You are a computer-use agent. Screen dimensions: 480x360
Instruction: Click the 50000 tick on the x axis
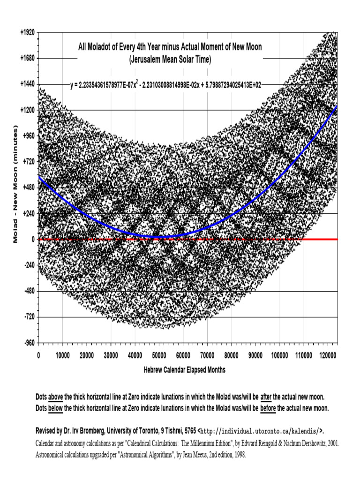click(159, 356)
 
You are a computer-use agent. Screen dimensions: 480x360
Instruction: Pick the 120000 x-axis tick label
click(328, 356)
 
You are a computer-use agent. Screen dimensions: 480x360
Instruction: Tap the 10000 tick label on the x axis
click(62, 356)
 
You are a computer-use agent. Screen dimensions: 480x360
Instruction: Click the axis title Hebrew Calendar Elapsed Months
click(184, 370)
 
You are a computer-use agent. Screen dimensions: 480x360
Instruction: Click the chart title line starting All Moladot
click(170, 47)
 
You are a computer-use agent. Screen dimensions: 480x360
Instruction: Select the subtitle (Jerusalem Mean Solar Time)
click(170, 60)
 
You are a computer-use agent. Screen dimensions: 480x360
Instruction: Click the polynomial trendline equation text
click(165, 85)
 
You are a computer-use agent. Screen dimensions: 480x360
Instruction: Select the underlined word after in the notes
click(266, 396)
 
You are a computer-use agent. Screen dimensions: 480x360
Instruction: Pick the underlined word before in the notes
click(268, 408)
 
